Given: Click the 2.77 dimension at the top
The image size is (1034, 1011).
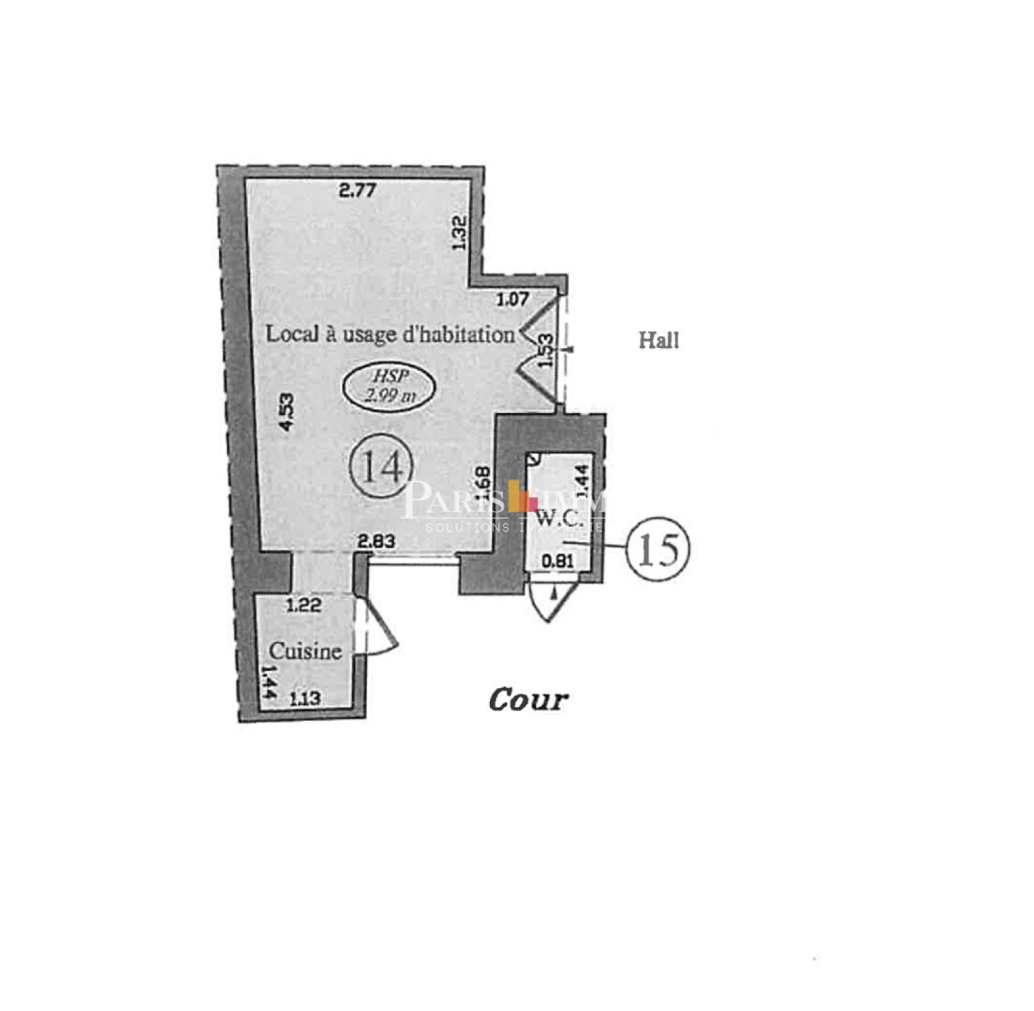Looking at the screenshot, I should pyautogui.click(x=357, y=190).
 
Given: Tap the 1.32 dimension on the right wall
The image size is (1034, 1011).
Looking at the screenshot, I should pyautogui.click(x=459, y=233).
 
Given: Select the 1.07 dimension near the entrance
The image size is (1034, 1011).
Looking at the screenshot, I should pyautogui.click(x=512, y=299).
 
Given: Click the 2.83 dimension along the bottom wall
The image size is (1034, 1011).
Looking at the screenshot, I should pyautogui.click(x=376, y=541).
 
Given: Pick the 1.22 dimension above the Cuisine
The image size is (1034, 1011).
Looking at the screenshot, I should pyautogui.click(x=304, y=605).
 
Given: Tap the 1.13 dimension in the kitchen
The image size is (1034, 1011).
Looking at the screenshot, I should pyautogui.click(x=305, y=698).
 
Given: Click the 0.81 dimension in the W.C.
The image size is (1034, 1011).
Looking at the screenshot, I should pyautogui.click(x=557, y=561).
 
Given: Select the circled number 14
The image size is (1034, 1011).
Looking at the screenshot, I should pyautogui.click(x=381, y=466).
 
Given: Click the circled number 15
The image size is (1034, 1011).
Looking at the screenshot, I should pyautogui.click(x=658, y=549).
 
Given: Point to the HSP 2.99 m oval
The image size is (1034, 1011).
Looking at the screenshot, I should pyautogui.click(x=389, y=386).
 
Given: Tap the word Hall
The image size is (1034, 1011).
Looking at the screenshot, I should pyautogui.click(x=659, y=340).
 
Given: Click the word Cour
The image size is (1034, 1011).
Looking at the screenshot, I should pyautogui.click(x=528, y=699).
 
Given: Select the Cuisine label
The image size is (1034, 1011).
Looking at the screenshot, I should pyautogui.click(x=305, y=651).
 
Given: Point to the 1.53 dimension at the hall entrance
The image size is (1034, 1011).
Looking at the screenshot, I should pyautogui.click(x=546, y=350).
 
